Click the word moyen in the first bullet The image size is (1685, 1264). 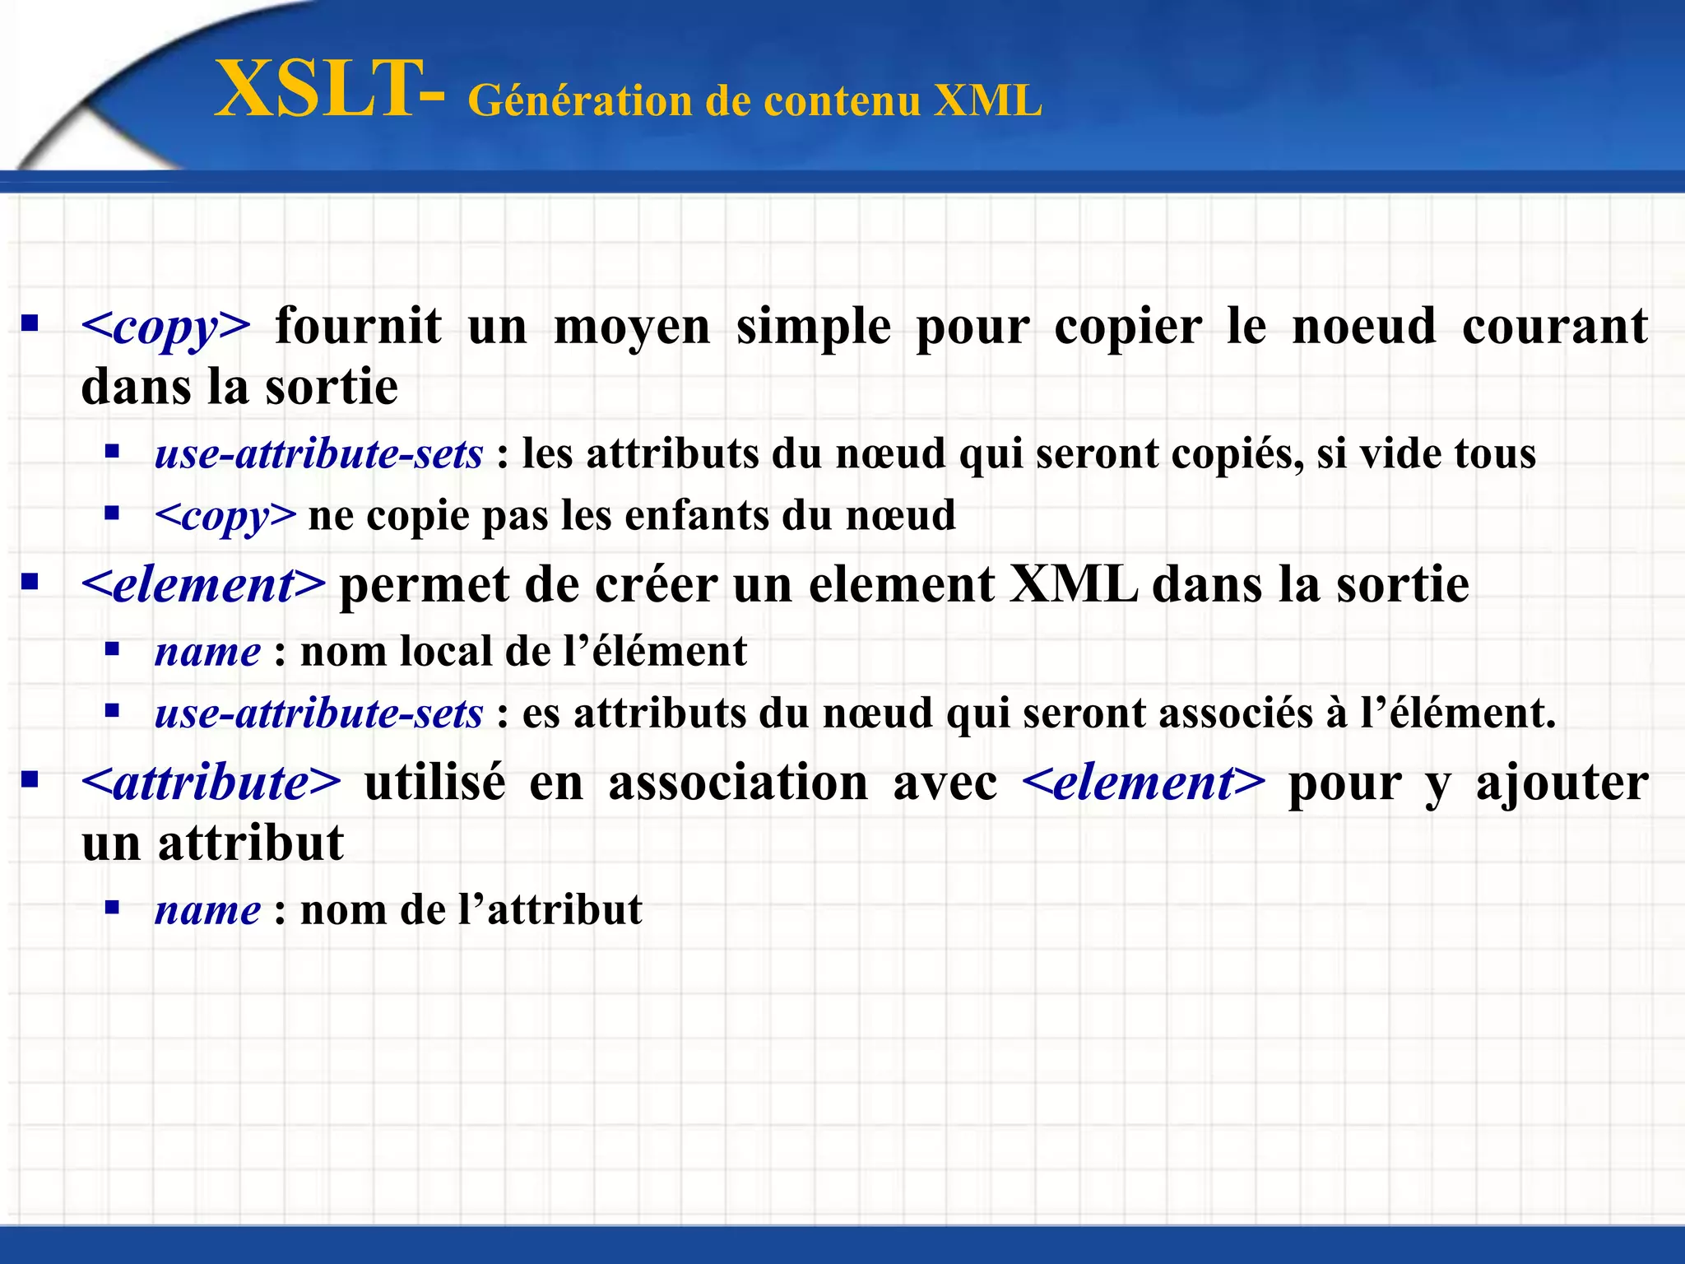632,328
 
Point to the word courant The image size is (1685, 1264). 1555,326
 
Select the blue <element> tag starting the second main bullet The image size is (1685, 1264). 204,585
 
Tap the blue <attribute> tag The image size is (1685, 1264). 211,783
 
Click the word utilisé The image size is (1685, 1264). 434,783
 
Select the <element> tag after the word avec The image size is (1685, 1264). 1144,783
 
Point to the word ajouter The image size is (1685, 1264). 1562,783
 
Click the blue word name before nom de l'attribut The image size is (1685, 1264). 208,911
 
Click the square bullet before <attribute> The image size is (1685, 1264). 30,778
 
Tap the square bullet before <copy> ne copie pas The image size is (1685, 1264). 113,514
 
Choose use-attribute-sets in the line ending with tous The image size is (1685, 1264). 318,454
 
